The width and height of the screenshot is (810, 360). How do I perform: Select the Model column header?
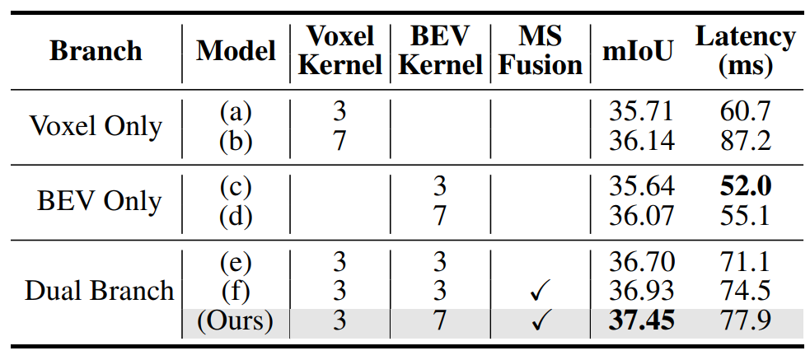236,51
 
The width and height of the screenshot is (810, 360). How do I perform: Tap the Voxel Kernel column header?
340,51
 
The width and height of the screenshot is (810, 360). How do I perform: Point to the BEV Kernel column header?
439,51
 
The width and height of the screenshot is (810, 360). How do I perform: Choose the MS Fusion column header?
540,51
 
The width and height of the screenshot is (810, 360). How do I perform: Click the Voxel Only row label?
96,126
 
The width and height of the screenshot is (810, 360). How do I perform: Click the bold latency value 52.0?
744,186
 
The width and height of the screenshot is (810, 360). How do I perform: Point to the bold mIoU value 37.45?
642,320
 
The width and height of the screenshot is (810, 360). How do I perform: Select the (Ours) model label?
236,320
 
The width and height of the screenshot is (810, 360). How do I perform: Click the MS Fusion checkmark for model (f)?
541,292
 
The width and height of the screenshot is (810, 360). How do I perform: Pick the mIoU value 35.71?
642,111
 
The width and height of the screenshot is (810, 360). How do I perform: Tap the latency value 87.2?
744,141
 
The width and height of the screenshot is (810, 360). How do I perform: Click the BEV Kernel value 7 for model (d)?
439,217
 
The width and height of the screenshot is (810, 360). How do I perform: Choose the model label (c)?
236,187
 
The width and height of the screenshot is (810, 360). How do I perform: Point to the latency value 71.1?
744,262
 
